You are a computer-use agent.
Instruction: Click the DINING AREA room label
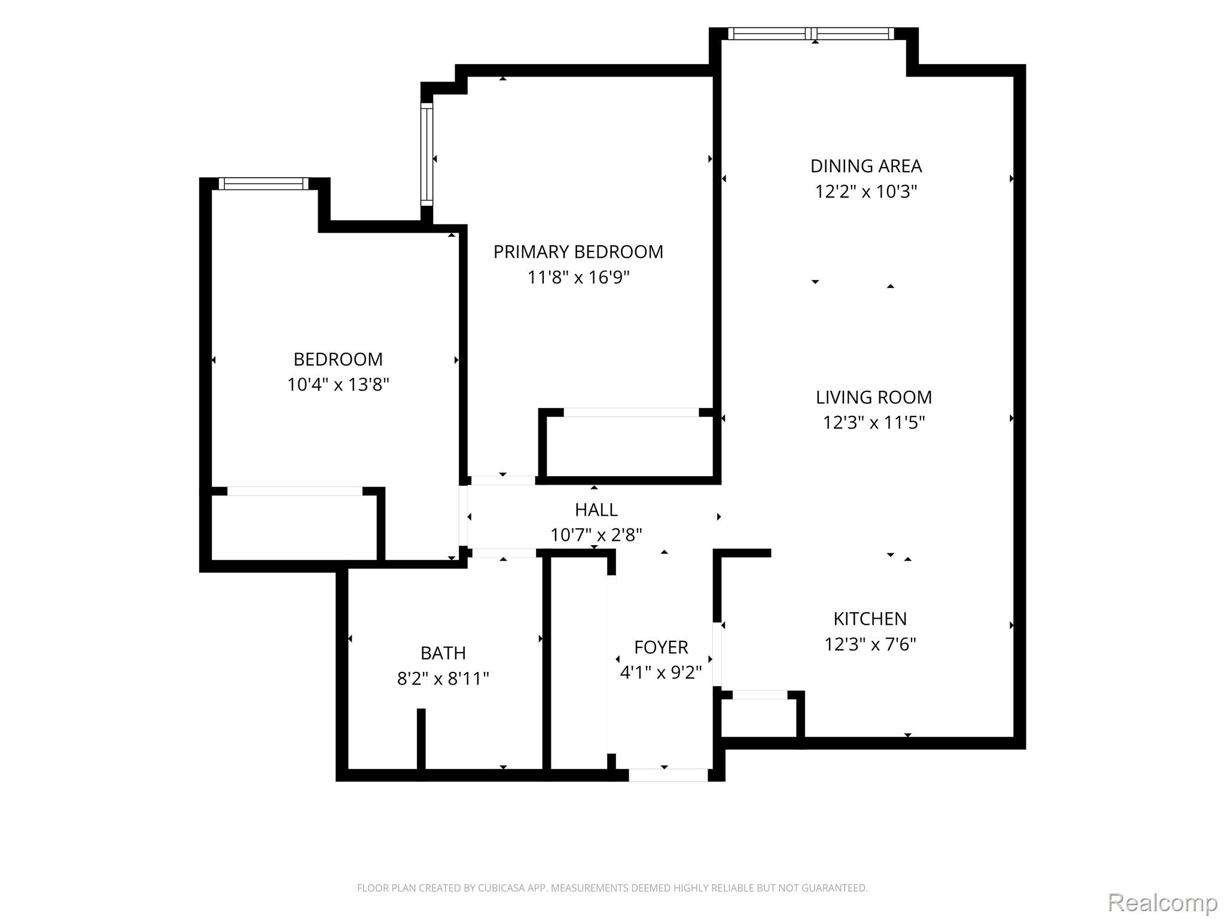click(x=866, y=166)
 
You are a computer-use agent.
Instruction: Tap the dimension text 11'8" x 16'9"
click(x=578, y=278)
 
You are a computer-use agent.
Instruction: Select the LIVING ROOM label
click(x=873, y=397)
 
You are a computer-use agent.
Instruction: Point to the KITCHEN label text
click(x=870, y=619)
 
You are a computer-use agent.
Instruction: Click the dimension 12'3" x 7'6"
click(x=870, y=644)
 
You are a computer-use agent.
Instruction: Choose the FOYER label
click(x=661, y=647)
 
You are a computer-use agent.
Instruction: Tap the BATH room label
click(x=443, y=653)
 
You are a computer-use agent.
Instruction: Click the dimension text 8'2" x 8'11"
click(x=443, y=679)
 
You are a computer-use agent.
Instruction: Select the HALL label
click(x=596, y=510)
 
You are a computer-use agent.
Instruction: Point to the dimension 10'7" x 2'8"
click(x=596, y=535)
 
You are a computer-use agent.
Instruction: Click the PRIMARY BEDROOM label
click(x=578, y=252)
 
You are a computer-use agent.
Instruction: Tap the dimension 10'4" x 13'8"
click(x=338, y=384)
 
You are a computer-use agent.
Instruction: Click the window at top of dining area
click(x=811, y=34)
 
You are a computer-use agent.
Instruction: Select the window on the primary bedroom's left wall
click(x=426, y=154)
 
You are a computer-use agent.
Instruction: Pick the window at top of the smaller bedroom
click(x=264, y=184)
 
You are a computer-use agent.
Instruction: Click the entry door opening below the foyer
click(x=668, y=775)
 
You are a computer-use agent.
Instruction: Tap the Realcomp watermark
click(x=1162, y=902)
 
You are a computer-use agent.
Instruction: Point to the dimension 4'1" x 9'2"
click(x=661, y=673)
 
